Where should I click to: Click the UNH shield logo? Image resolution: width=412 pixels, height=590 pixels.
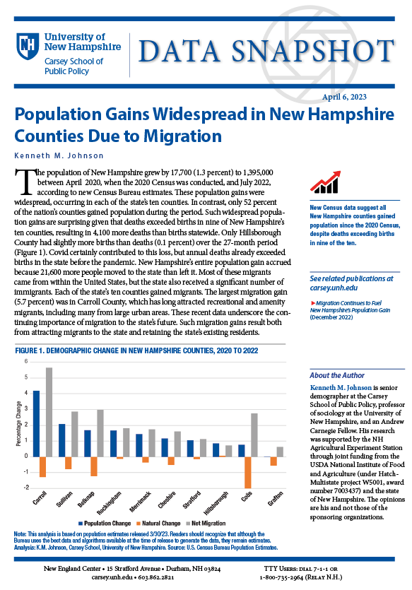pos(28,45)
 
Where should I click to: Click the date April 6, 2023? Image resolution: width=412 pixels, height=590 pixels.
pos(344,97)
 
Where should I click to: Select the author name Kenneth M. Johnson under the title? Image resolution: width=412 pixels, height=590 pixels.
pos(59,155)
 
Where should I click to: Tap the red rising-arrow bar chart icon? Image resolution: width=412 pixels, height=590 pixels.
pos(325,182)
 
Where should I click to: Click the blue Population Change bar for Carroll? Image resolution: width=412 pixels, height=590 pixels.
pos(37,424)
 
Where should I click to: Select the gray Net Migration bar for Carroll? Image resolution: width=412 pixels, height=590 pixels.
pos(49,412)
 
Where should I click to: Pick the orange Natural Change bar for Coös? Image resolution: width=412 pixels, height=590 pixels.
pos(247,472)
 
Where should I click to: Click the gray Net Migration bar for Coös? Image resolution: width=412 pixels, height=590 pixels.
pos(254,435)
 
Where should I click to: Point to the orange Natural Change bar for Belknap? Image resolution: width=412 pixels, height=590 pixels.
pos(94,466)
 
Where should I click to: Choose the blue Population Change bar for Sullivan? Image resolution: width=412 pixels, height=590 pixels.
pos(62,440)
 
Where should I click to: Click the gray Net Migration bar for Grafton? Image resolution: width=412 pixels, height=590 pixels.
pos(280,452)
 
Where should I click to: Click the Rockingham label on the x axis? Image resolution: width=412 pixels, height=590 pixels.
pos(109,503)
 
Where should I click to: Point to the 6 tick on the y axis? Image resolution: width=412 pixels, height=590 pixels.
pos(26,361)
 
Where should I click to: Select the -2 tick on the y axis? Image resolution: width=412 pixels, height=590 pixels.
pos(26,488)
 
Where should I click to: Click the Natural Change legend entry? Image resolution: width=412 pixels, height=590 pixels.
pos(158,524)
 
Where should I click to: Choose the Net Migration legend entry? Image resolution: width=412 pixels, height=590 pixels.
pos(206,524)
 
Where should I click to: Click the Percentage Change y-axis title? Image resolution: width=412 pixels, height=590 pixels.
pos(18,424)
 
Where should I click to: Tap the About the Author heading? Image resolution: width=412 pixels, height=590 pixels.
pos(337,375)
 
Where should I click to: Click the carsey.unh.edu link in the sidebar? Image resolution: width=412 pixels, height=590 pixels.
pos(334,288)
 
